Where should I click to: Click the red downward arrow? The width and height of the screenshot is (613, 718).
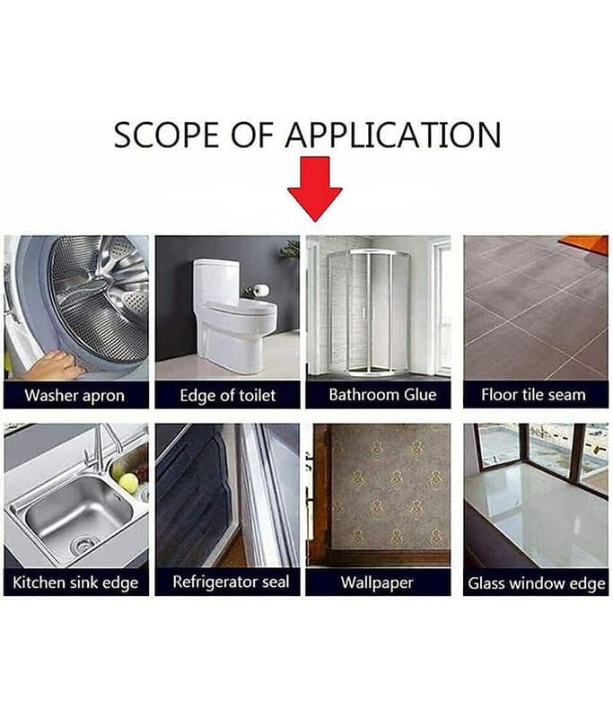314,188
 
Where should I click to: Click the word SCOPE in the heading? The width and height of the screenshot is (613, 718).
166,136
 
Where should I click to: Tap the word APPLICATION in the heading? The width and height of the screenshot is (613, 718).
393,136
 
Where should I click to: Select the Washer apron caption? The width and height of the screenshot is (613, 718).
74,395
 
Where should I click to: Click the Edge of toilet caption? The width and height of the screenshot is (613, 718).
228,395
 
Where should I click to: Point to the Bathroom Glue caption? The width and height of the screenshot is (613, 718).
382,395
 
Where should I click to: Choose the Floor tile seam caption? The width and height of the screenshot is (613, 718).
533,395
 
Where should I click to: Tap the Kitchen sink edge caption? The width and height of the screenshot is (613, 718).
75,582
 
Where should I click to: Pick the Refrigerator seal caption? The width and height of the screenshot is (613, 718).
231,582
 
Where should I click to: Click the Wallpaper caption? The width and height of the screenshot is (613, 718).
377,582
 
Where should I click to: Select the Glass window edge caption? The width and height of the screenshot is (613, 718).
537,583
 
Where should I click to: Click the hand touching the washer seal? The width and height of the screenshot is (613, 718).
51,364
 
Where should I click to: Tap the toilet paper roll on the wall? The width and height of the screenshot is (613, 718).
261,289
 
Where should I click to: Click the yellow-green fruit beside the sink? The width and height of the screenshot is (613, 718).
128,483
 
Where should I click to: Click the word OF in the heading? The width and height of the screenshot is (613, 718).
252,136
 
